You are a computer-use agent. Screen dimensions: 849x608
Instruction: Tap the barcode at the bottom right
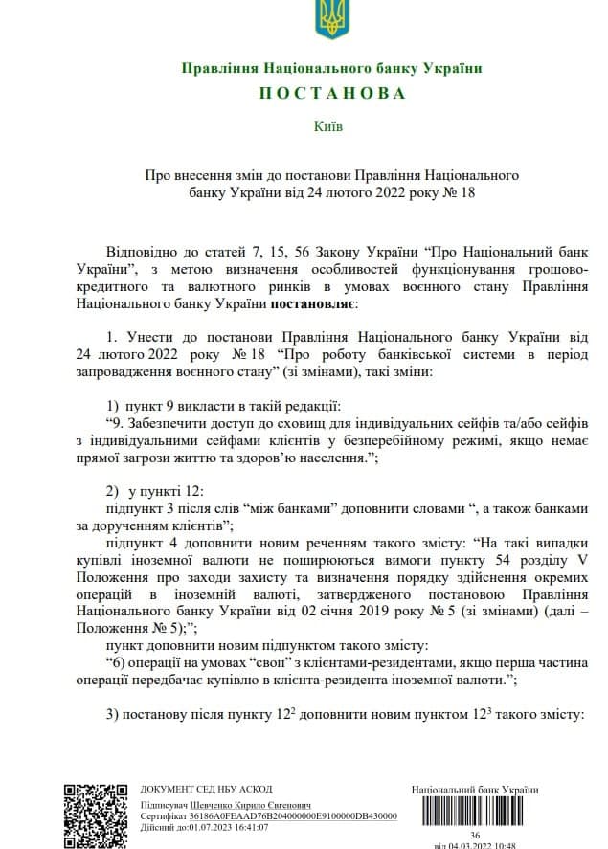[474, 811]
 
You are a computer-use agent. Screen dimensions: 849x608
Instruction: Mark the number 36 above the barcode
[474, 835]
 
